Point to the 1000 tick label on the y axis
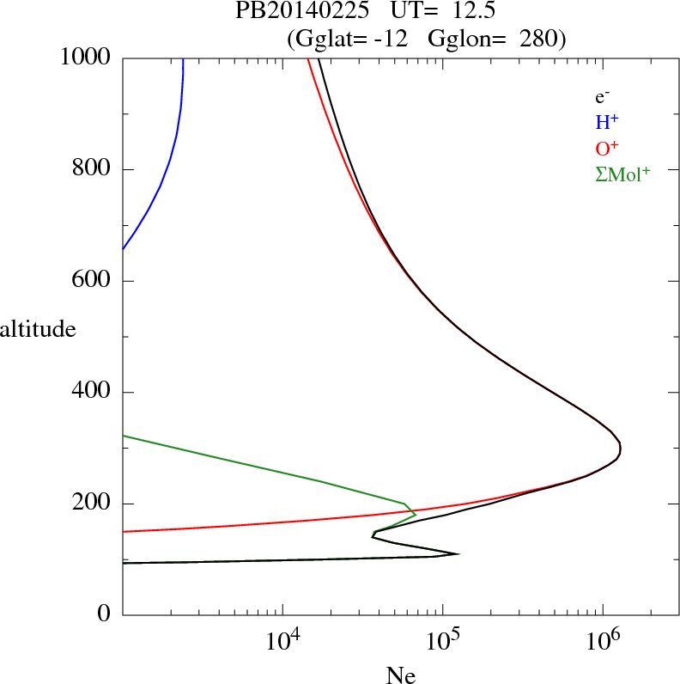coord(86,58)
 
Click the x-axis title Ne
coord(400,675)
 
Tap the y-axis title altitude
coord(38,329)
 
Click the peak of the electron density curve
coord(620,448)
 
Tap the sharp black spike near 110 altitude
coord(458,553)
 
